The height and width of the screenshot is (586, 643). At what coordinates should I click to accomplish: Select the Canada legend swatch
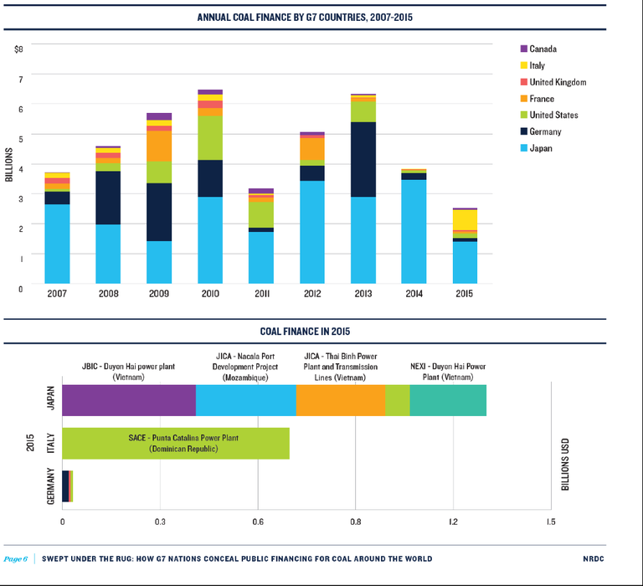[x=524, y=49]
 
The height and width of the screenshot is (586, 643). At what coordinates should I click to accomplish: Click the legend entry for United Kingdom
[x=558, y=82]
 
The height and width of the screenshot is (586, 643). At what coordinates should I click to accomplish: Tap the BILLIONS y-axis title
[x=8, y=165]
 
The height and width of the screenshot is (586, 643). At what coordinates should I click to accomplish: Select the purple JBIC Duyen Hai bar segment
[x=129, y=400]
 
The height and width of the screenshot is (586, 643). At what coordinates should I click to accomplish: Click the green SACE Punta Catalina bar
[x=176, y=443]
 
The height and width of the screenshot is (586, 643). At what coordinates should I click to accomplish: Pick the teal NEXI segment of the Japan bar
[x=448, y=400]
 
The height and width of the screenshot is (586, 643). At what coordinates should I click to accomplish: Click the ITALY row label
[x=49, y=443]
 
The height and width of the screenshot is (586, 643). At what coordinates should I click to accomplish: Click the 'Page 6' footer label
[x=16, y=558]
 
